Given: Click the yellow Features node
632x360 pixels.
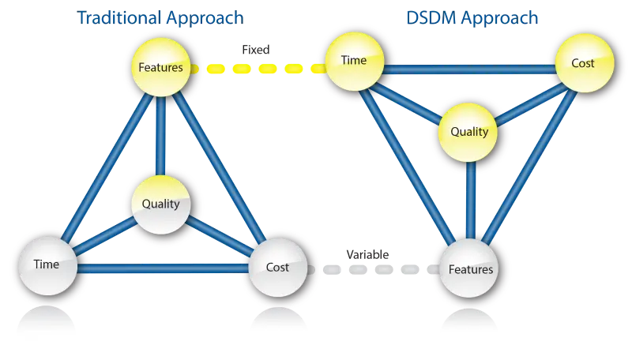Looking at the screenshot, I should tap(160, 68).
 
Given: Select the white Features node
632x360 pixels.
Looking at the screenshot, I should tap(471, 269).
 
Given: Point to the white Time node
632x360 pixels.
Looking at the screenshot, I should tap(47, 264).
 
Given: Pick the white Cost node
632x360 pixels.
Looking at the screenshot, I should tap(277, 267).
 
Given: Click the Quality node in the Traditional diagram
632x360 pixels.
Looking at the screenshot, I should tap(160, 204).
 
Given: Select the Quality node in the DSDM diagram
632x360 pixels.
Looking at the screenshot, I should tap(469, 132).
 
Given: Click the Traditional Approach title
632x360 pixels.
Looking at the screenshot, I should tap(160, 16).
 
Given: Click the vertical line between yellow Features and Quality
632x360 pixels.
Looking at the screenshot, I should tap(160, 134).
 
